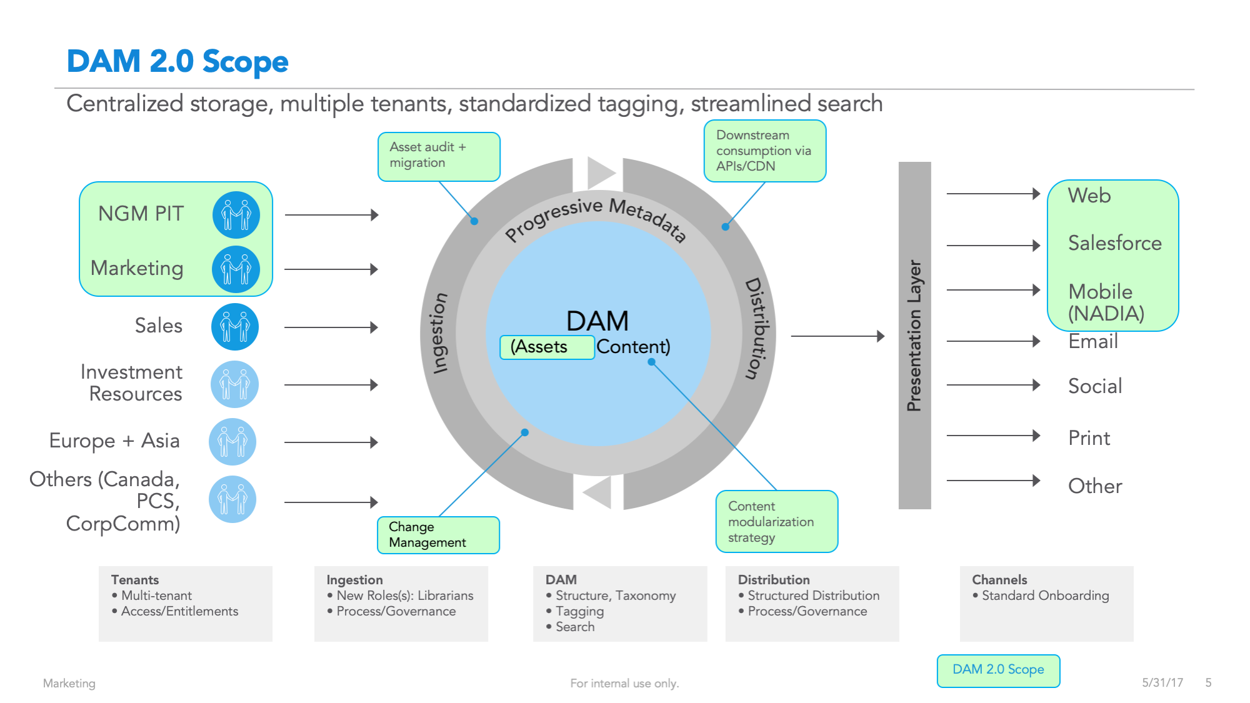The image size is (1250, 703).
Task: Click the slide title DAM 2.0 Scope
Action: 177,61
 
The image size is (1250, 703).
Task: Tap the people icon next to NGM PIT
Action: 236,215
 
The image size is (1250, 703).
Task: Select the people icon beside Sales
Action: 235,327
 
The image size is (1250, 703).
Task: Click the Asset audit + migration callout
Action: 438,156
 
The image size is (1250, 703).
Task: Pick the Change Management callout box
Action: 437,535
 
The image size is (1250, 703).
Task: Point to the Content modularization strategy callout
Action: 776,521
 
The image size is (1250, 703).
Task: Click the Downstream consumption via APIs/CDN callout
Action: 764,151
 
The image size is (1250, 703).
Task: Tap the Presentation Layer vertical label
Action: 914,336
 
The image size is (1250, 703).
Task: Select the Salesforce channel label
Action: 1114,243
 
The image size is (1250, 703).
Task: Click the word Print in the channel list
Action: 1089,438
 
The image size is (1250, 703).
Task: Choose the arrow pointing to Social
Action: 993,385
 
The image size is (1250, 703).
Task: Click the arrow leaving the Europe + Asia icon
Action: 331,442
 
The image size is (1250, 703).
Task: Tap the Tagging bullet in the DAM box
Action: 579,611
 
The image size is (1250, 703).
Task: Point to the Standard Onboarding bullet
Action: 1045,596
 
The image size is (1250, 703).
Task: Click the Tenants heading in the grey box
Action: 135,580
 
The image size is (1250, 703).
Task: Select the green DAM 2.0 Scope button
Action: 998,671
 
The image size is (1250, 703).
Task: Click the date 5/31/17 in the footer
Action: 1162,682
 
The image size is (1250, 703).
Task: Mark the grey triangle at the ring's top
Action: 601,172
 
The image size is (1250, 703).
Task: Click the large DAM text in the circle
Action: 597,321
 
